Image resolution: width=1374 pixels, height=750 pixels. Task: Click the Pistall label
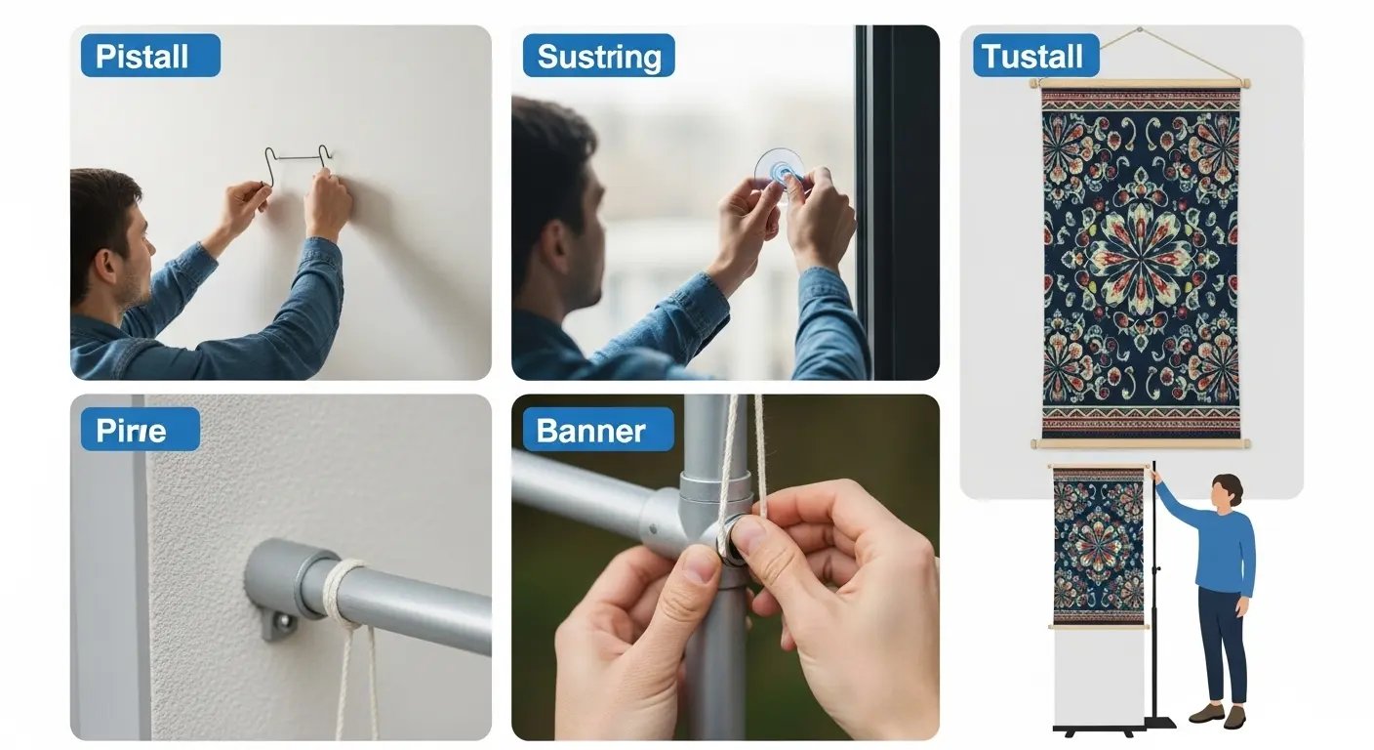pos(150,56)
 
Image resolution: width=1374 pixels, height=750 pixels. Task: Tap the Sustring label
pos(598,56)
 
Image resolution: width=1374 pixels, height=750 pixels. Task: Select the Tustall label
pos(1036,56)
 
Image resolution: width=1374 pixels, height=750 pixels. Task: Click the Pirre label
pos(140,430)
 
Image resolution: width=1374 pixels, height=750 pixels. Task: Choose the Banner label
pos(598,430)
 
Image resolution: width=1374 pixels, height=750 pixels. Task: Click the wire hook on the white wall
pos(298,158)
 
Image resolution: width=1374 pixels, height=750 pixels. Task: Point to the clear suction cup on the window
pos(779,168)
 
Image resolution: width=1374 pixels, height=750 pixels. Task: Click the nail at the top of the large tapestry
pos(1139,29)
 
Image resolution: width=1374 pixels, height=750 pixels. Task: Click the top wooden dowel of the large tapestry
pos(1140,83)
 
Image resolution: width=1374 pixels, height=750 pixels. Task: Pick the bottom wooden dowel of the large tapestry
pos(1141,443)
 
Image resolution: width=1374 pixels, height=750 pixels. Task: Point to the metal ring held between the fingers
pos(730,541)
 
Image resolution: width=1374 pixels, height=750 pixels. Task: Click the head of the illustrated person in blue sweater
pos(1227,492)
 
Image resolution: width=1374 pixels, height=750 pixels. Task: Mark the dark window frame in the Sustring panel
pos(897,202)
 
